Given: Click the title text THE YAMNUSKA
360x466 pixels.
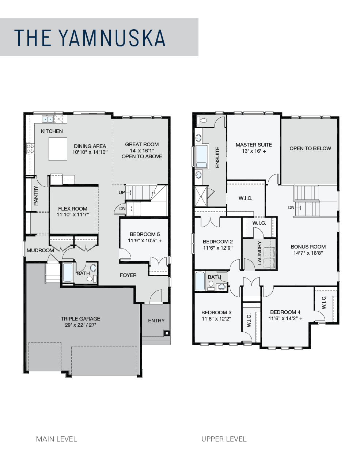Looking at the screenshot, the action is tap(90, 38).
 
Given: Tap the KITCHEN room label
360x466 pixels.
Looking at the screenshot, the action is tap(52, 131).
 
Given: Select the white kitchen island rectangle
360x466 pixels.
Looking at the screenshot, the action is tap(58, 149).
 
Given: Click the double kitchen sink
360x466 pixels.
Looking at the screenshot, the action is tap(48, 119).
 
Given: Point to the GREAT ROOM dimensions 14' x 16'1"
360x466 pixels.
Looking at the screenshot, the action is tap(142, 151).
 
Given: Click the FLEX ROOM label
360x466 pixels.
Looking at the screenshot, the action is tap(73, 209).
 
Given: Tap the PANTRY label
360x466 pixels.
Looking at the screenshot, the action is tap(36, 196).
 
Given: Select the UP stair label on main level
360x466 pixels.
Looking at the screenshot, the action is tap(122, 192).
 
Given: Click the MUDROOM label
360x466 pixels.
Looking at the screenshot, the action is tap(40, 250).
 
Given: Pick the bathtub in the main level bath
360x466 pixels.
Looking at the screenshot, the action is tap(68, 273).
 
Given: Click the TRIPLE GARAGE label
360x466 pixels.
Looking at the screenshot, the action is tap(80, 319).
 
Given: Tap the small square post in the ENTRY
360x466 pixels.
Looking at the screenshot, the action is tap(167, 333).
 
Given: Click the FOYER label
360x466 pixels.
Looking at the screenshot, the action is tap(128, 275).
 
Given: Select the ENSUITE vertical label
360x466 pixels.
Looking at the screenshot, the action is tap(217, 158).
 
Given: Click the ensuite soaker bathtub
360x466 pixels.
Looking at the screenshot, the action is tap(201, 156).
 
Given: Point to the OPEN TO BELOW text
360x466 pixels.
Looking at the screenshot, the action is tap(310, 148).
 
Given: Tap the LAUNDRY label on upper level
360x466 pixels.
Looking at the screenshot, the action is tap(259, 253).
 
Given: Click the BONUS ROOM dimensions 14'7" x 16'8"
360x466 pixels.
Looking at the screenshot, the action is tap(308, 253).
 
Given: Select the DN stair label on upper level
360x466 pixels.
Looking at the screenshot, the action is tap(291, 207).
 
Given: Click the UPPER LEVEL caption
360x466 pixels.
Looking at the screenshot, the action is tap(224, 439).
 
